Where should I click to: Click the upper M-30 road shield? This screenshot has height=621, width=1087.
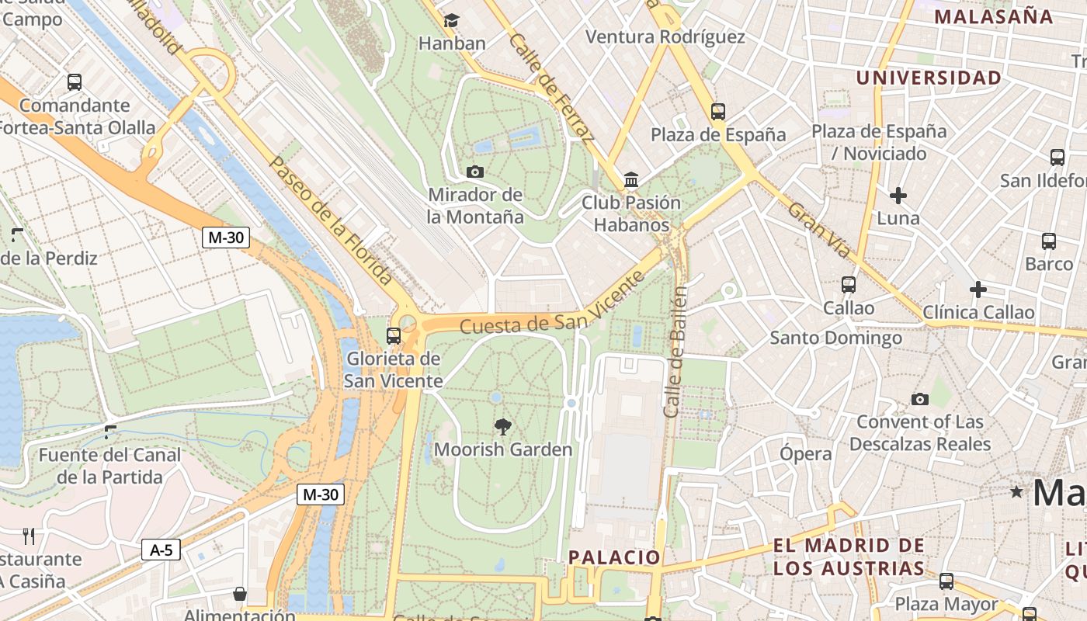pyautogui.click(x=226, y=238)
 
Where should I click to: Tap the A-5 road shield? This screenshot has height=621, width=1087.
pyautogui.click(x=161, y=550)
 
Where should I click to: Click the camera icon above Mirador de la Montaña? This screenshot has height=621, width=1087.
pyautogui.click(x=475, y=172)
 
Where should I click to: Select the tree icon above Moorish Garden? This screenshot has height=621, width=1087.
pyautogui.click(x=503, y=425)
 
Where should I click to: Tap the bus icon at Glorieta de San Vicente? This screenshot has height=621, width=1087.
pyautogui.click(x=394, y=336)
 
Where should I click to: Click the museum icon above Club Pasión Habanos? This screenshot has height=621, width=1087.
pyautogui.click(x=631, y=180)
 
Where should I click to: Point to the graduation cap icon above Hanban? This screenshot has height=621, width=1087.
pyautogui.click(x=451, y=21)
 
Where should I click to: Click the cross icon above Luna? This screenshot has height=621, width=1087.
pyautogui.click(x=898, y=196)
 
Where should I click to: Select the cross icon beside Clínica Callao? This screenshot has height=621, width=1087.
pyautogui.click(x=978, y=290)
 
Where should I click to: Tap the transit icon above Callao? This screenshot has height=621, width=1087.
pyautogui.click(x=849, y=285)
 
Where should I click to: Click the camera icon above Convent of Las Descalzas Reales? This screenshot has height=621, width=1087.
pyautogui.click(x=920, y=400)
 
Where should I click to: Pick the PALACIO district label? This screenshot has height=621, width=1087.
pyautogui.click(x=614, y=557)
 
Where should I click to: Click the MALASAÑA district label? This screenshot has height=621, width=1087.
pyautogui.click(x=993, y=16)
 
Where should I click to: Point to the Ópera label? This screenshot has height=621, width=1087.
pyautogui.click(x=806, y=453)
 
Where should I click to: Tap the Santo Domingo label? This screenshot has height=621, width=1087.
pyautogui.click(x=835, y=338)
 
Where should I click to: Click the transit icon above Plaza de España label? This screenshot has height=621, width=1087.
pyautogui.click(x=718, y=112)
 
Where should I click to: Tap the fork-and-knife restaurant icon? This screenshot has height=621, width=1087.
pyautogui.click(x=29, y=536)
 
